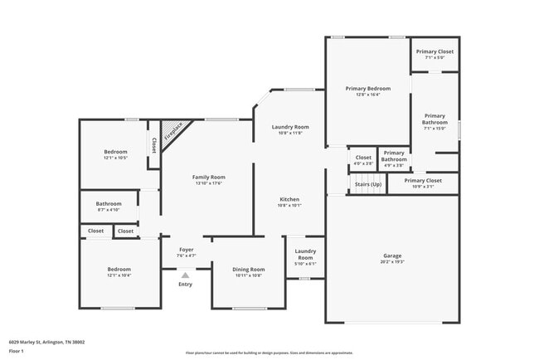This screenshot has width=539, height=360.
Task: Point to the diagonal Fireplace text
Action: coord(172,131)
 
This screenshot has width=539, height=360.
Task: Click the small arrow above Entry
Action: coord(185,275)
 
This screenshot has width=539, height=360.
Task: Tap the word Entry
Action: coord(185,285)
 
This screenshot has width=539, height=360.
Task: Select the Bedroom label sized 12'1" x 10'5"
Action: coord(115,154)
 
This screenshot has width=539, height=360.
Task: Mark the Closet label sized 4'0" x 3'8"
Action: coord(363,159)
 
